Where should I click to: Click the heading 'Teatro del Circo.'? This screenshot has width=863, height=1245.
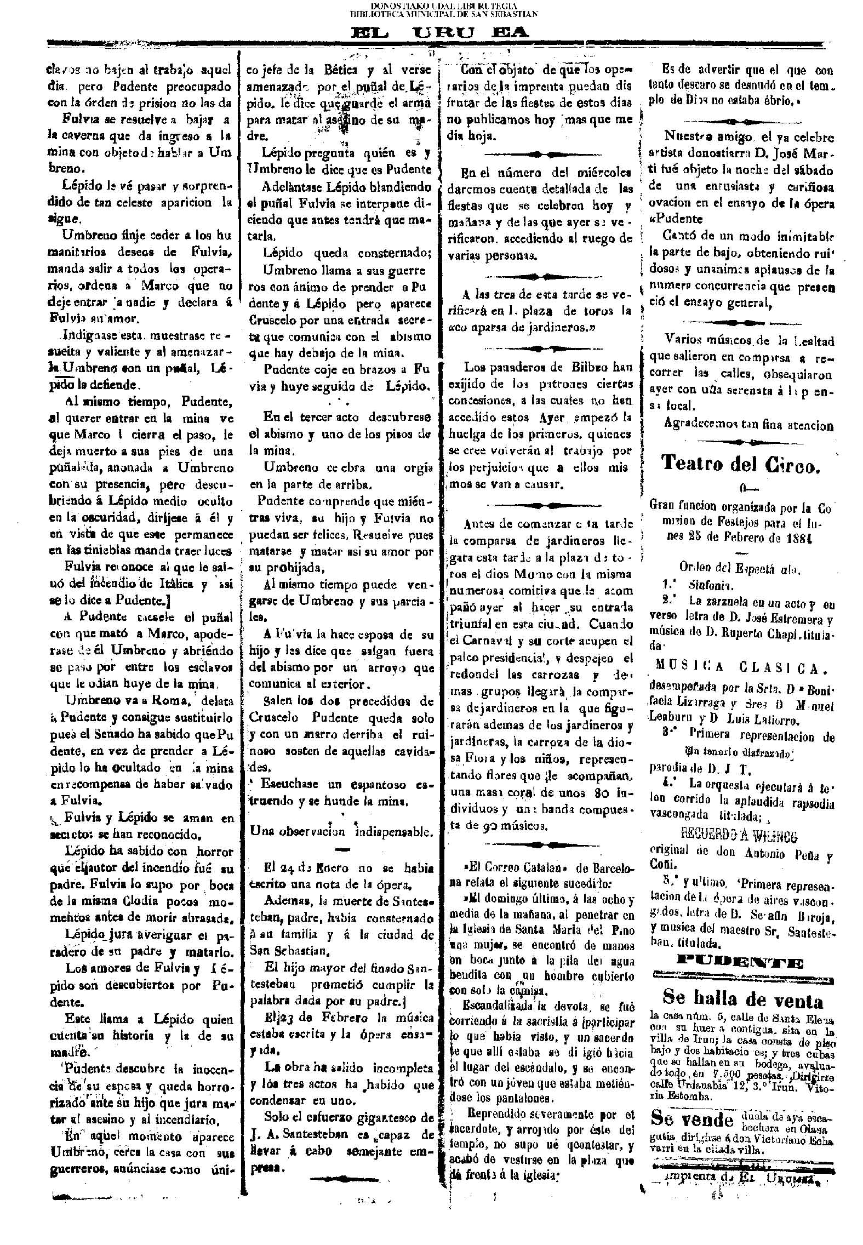740,463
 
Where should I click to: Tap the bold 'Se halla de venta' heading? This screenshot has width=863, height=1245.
742,998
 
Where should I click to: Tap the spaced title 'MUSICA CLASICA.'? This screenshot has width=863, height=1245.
741,668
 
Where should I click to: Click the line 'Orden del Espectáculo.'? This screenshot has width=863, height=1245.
740,569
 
